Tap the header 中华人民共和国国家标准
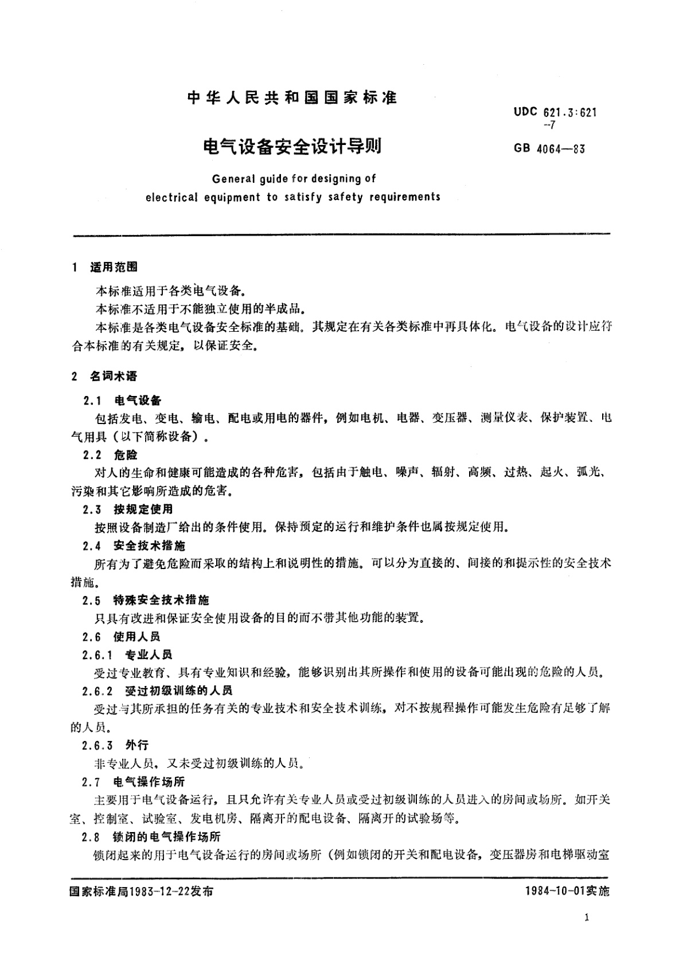[x=292, y=97]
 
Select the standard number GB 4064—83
[x=549, y=149]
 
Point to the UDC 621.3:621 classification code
[x=555, y=113]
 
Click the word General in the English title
[x=233, y=179]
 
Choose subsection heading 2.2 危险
[x=110, y=455]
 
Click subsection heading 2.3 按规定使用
[x=127, y=509]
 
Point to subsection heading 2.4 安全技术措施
[x=134, y=546]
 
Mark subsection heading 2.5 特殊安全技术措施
[x=146, y=600]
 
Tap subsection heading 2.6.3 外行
[x=115, y=745]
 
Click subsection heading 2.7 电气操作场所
[x=134, y=782]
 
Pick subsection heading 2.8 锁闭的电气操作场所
[x=151, y=837]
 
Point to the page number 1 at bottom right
[x=587, y=917]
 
